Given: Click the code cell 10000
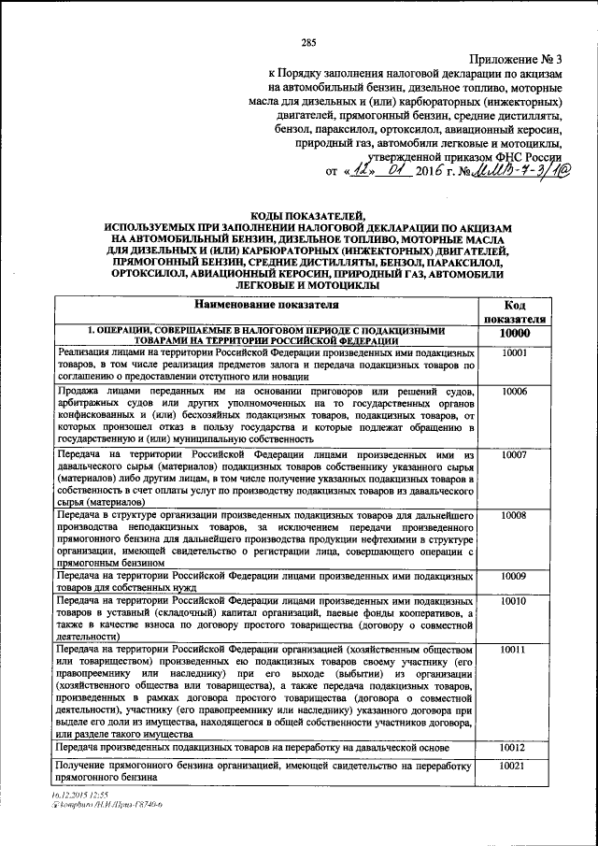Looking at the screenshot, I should pyautogui.click(x=514, y=335).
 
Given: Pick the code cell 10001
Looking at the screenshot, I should pyautogui.click(x=514, y=353).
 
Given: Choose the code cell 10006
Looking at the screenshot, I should pyautogui.click(x=514, y=391).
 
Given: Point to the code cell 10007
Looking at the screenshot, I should pyautogui.click(x=514, y=454).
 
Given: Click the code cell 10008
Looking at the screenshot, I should pyautogui.click(x=514, y=515).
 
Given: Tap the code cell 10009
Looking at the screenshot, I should pyautogui.click(x=514, y=576).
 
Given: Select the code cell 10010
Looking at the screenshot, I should pyautogui.click(x=514, y=601).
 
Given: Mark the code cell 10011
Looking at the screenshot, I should pyautogui.click(x=514, y=649).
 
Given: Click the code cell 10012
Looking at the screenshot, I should pyautogui.click(x=514, y=748).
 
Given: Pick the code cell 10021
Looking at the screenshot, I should pyautogui.click(x=514, y=767).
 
